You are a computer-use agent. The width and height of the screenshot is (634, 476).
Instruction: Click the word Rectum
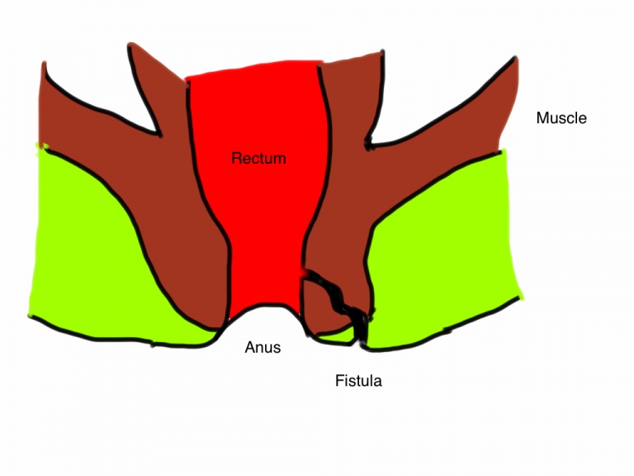(x=258, y=157)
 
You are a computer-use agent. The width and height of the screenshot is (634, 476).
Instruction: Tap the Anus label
(x=263, y=347)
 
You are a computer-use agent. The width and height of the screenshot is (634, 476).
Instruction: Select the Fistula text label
(x=358, y=381)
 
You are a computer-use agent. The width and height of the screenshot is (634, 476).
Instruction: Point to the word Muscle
(x=561, y=118)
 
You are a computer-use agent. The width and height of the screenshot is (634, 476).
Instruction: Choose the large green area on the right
(x=446, y=248)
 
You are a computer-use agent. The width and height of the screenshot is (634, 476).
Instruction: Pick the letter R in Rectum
(x=236, y=157)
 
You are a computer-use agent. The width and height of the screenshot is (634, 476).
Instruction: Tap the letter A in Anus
(x=249, y=347)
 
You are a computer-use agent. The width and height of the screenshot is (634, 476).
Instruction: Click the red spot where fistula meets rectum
(x=307, y=274)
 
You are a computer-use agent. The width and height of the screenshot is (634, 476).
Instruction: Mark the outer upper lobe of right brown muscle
(x=487, y=99)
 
